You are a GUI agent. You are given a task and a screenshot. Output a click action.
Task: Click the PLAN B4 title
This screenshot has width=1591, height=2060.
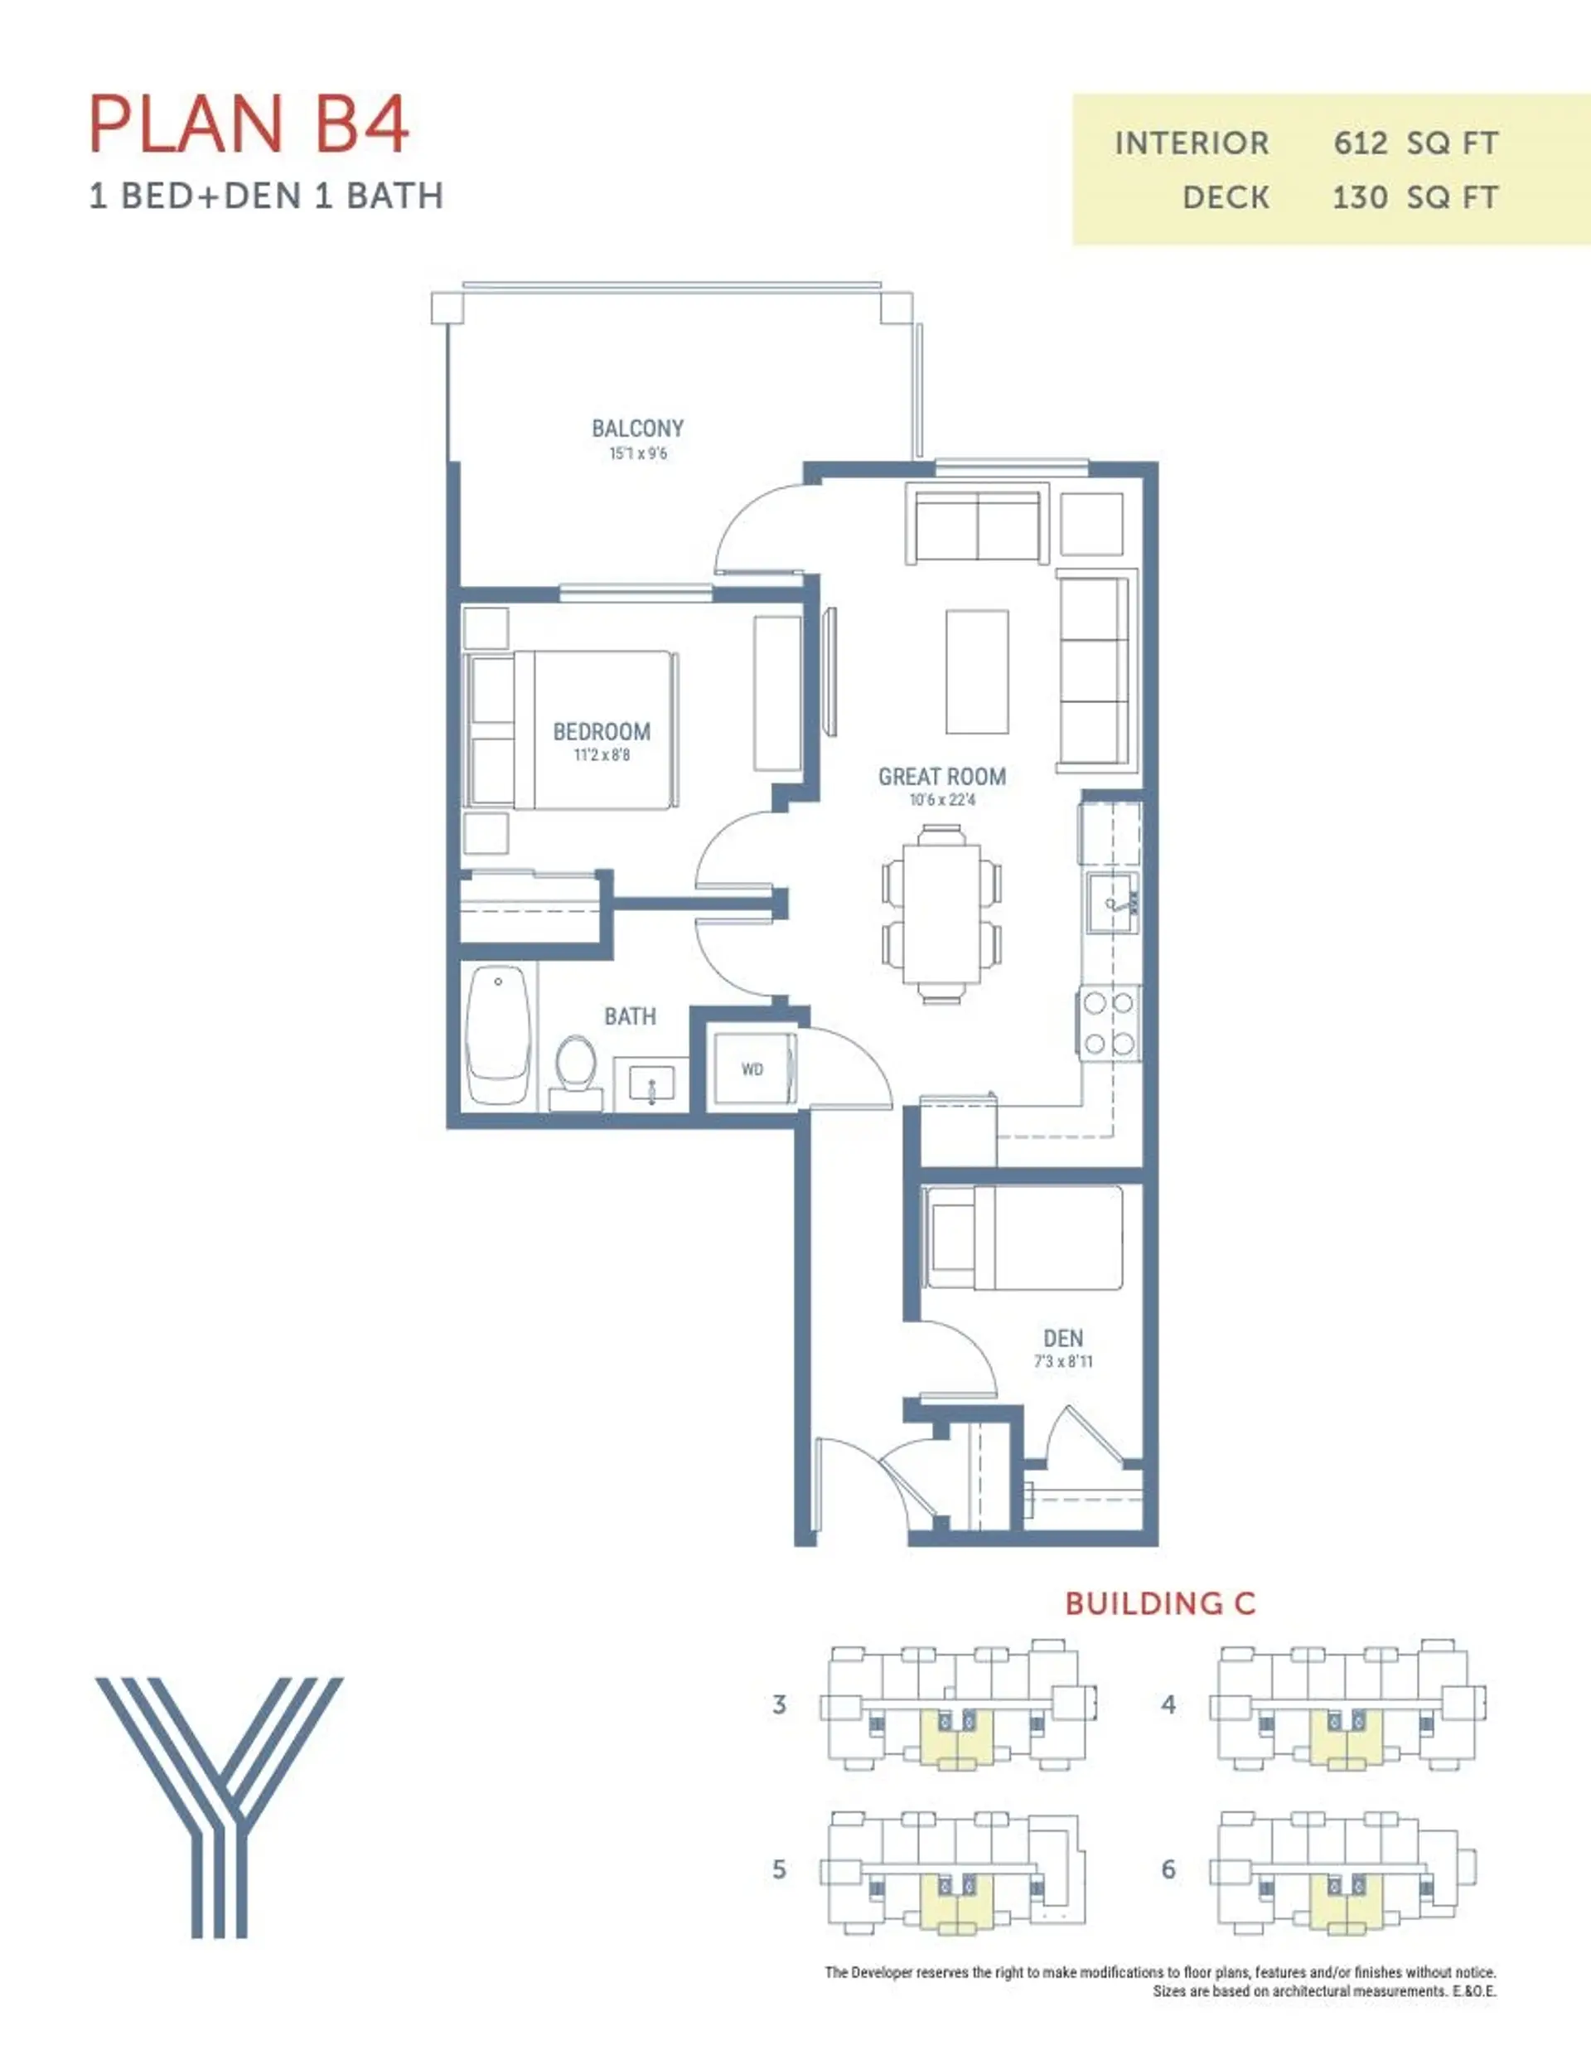(x=249, y=124)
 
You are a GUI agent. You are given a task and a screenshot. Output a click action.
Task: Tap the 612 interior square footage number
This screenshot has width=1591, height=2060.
(x=1360, y=143)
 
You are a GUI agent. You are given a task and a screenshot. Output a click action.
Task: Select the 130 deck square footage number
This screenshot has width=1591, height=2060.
(x=1359, y=198)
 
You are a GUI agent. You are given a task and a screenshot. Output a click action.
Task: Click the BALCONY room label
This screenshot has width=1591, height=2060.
(x=637, y=429)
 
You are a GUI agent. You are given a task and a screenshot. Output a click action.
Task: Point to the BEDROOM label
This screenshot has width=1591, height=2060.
(x=602, y=731)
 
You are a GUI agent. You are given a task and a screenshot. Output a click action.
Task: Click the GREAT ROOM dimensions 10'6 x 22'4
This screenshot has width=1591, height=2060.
(x=942, y=800)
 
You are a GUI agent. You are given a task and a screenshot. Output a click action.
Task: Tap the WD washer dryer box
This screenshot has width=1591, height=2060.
(x=752, y=1069)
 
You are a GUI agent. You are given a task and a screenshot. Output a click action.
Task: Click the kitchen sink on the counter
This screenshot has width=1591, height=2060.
(x=1112, y=903)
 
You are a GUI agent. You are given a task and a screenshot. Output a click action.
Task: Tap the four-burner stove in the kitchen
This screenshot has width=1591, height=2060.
(x=1109, y=1022)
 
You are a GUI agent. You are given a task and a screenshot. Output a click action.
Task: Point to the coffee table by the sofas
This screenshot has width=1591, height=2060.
(x=977, y=671)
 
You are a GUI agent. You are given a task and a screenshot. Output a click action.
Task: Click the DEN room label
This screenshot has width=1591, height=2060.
(x=1063, y=1337)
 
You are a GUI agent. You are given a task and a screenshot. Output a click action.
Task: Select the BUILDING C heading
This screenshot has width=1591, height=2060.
(x=1160, y=1602)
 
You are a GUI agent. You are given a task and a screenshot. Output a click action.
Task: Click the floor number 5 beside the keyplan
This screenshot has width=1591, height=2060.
(x=779, y=1869)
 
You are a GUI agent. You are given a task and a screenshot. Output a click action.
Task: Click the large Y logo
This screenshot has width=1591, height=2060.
(x=220, y=1806)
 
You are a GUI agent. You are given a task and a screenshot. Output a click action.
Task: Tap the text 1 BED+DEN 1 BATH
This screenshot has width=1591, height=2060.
(x=266, y=196)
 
